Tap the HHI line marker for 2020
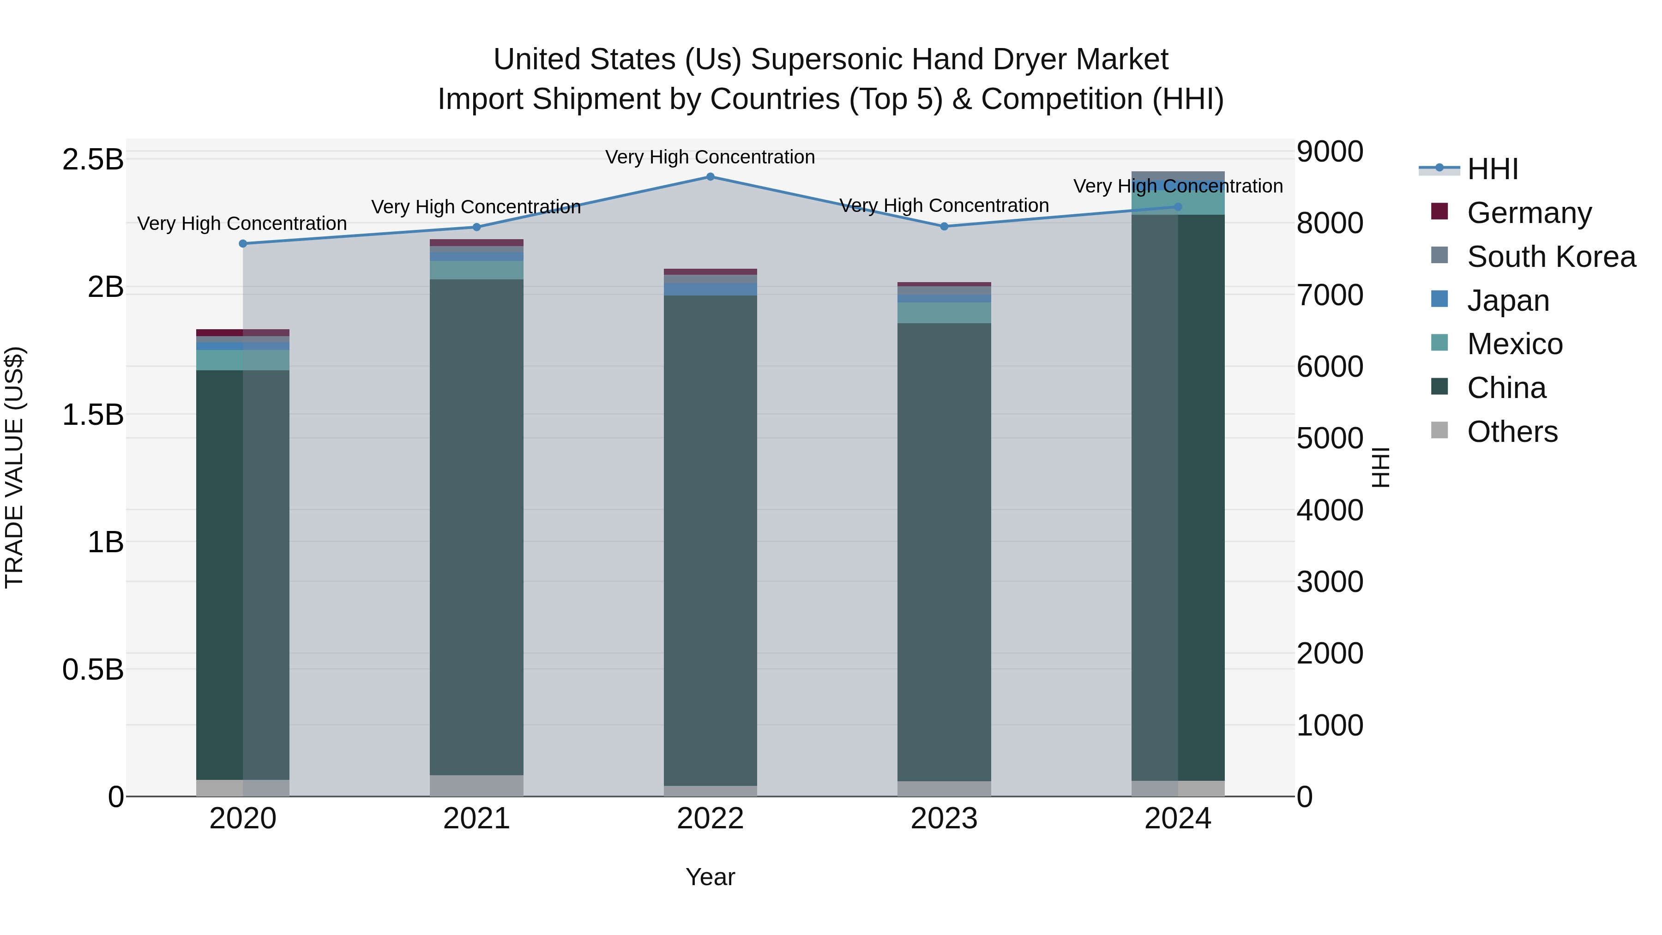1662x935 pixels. [242, 243]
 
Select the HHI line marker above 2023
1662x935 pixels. [944, 227]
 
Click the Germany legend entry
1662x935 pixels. [1529, 213]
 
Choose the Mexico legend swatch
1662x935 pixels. [1439, 343]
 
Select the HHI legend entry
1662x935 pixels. [1492, 169]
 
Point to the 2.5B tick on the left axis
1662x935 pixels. [92, 159]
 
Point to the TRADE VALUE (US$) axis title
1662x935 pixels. [14, 467]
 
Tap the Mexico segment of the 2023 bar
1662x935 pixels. [944, 313]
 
